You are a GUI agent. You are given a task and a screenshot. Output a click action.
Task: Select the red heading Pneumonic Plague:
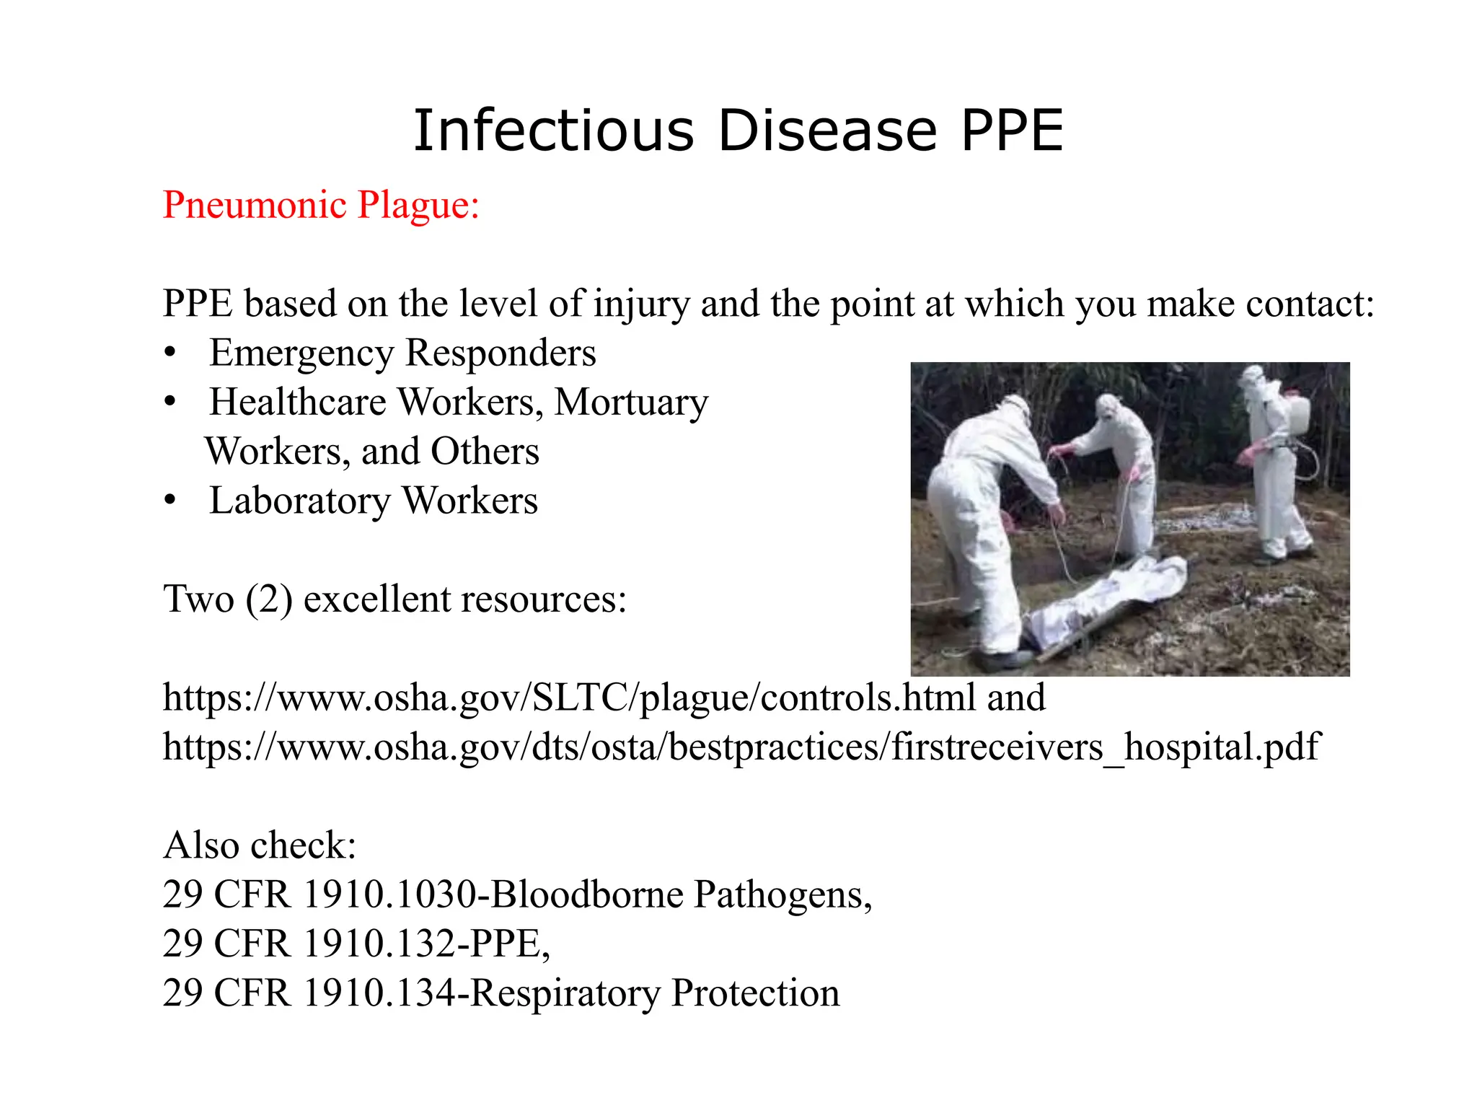[321, 205]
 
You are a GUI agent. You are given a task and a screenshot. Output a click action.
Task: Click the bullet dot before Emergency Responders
[170, 353]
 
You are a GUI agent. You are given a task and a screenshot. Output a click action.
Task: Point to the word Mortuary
[631, 403]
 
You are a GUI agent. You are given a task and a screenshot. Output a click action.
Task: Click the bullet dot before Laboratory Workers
[170, 501]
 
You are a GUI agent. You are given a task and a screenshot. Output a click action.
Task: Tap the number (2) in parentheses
[268, 599]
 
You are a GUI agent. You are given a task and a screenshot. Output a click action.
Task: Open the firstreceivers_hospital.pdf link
[741, 747]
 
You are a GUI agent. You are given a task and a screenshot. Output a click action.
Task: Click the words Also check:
[260, 845]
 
